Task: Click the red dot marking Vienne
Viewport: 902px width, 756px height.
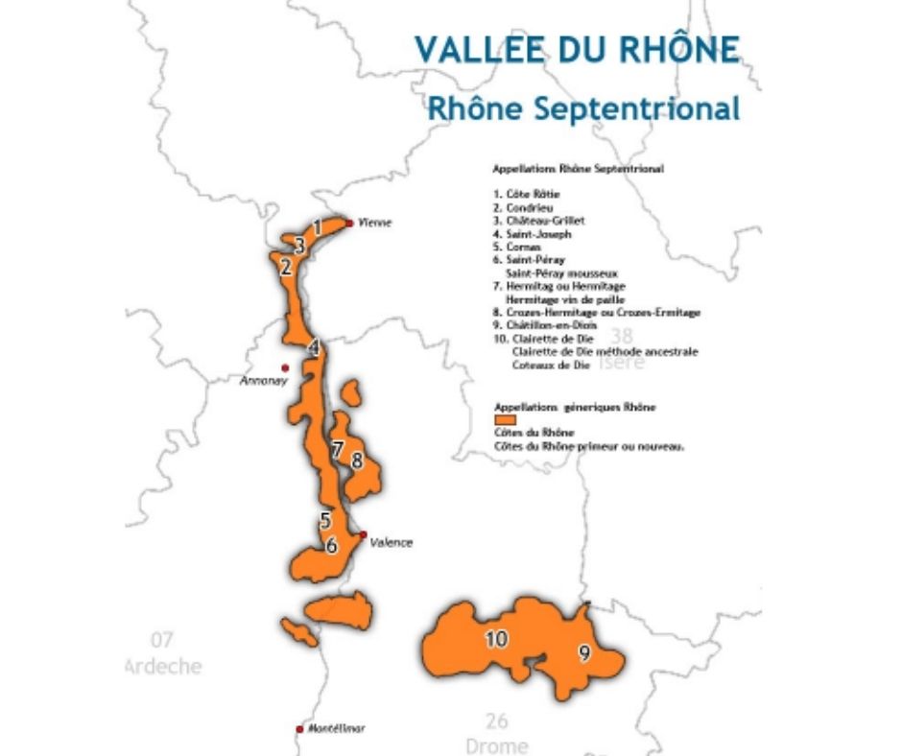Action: coord(349,221)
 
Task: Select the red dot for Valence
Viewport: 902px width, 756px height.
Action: coord(363,534)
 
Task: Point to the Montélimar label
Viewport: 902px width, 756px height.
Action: coord(337,729)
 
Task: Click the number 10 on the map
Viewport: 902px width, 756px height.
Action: coord(496,639)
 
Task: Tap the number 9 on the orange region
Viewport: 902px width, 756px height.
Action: coord(583,653)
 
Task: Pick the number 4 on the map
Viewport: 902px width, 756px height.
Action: coord(313,348)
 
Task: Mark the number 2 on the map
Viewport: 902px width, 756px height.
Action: coord(285,268)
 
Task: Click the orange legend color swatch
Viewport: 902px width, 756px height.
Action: coord(505,420)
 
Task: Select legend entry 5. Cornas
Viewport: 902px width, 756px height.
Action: coord(517,247)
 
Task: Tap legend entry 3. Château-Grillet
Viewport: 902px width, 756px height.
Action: coord(538,220)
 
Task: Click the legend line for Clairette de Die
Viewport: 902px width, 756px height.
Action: coord(543,340)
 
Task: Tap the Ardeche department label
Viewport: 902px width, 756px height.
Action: coord(164,666)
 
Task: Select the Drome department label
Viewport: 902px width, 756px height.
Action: coord(496,745)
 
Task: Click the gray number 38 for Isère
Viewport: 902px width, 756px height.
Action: coord(622,336)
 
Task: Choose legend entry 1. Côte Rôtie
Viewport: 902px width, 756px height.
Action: coord(527,194)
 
